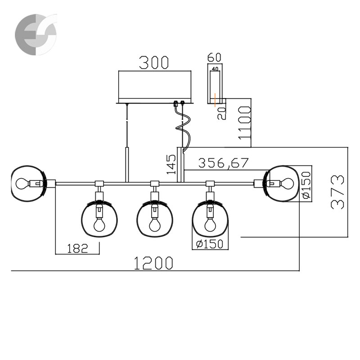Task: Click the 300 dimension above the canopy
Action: click(x=154, y=63)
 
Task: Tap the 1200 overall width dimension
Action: click(x=153, y=263)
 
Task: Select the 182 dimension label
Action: click(x=77, y=248)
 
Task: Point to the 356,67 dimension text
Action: click(x=223, y=163)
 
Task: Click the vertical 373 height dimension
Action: click(x=337, y=192)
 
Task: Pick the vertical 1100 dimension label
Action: click(x=244, y=122)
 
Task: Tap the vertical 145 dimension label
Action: click(x=171, y=164)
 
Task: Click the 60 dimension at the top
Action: click(x=214, y=58)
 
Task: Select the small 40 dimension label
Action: click(x=215, y=69)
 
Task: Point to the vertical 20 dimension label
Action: click(x=222, y=113)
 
